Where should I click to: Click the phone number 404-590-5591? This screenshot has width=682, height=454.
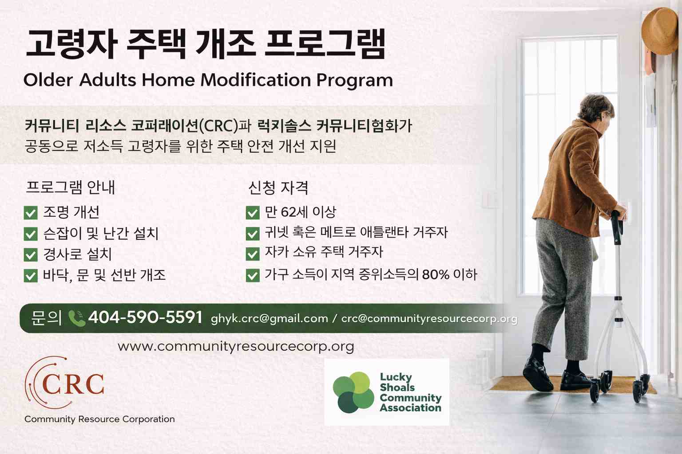click(145, 317)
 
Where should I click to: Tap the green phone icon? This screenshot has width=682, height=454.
click(76, 318)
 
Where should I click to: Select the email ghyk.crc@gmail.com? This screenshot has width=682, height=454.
click(270, 319)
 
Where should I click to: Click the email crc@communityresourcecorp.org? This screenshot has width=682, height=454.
click(429, 319)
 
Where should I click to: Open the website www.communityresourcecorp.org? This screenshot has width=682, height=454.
click(236, 346)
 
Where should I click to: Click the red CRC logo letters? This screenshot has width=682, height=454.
click(73, 384)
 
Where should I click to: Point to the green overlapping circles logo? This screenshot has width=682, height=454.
click(353, 392)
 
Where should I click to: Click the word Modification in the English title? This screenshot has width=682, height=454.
click(256, 80)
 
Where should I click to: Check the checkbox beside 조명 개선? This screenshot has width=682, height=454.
click(31, 213)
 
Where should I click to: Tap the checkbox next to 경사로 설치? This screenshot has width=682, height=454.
click(31, 254)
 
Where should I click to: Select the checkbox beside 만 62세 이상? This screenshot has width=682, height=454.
click(253, 213)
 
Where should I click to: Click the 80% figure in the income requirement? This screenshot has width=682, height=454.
click(436, 275)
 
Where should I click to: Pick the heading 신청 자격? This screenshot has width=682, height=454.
click(278, 188)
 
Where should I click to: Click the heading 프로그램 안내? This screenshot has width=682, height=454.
click(70, 187)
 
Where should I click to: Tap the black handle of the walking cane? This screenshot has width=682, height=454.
click(617, 227)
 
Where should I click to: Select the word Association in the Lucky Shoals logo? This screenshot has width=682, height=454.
click(411, 407)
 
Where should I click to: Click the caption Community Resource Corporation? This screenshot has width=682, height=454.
click(99, 419)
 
